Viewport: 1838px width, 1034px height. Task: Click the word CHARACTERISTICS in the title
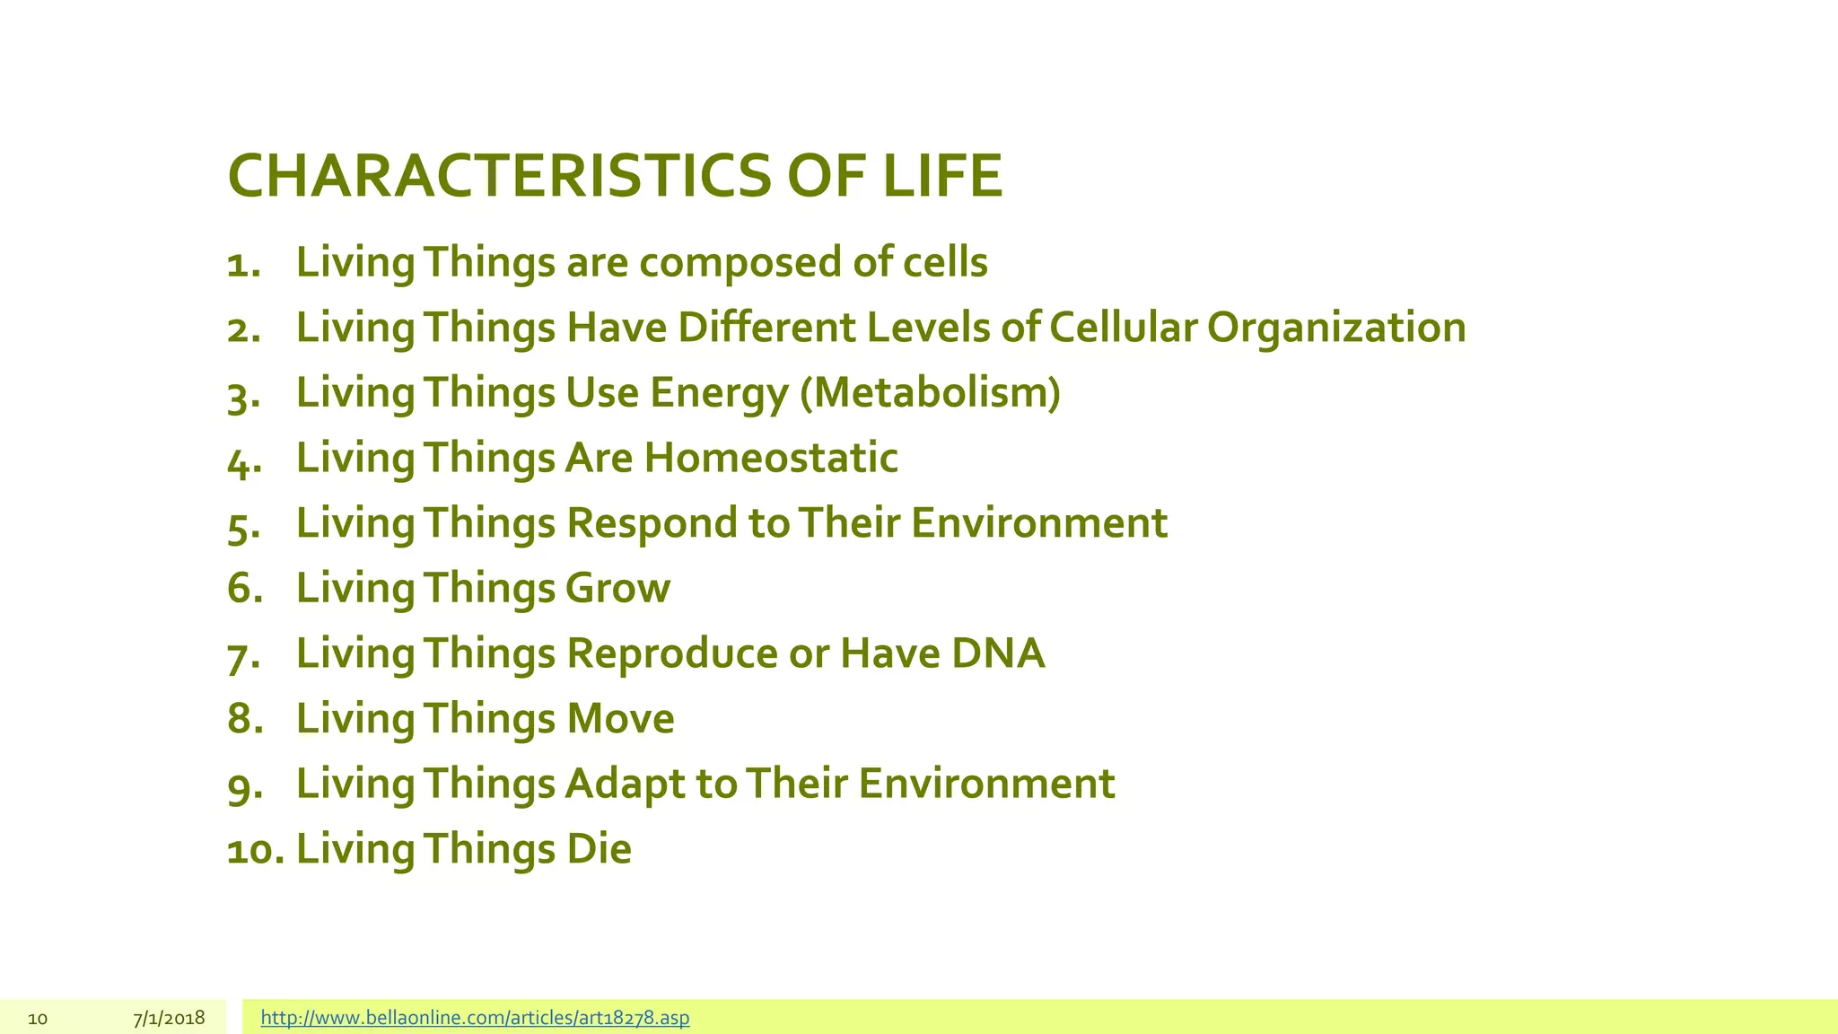(x=498, y=176)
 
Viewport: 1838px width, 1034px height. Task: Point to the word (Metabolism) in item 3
(x=930, y=393)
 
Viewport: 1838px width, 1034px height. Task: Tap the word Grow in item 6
(x=617, y=589)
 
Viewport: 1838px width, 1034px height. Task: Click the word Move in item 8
(x=620, y=719)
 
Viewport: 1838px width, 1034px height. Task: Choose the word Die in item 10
(x=599, y=849)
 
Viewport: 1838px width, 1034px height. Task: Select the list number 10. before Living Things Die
(x=255, y=850)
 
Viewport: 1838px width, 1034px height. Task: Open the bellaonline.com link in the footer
(x=475, y=1018)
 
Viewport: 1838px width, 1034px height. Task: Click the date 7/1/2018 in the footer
(x=169, y=1018)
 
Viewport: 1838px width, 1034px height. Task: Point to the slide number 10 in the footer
(x=38, y=1019)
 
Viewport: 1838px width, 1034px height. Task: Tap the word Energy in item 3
(x=718, y=393)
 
